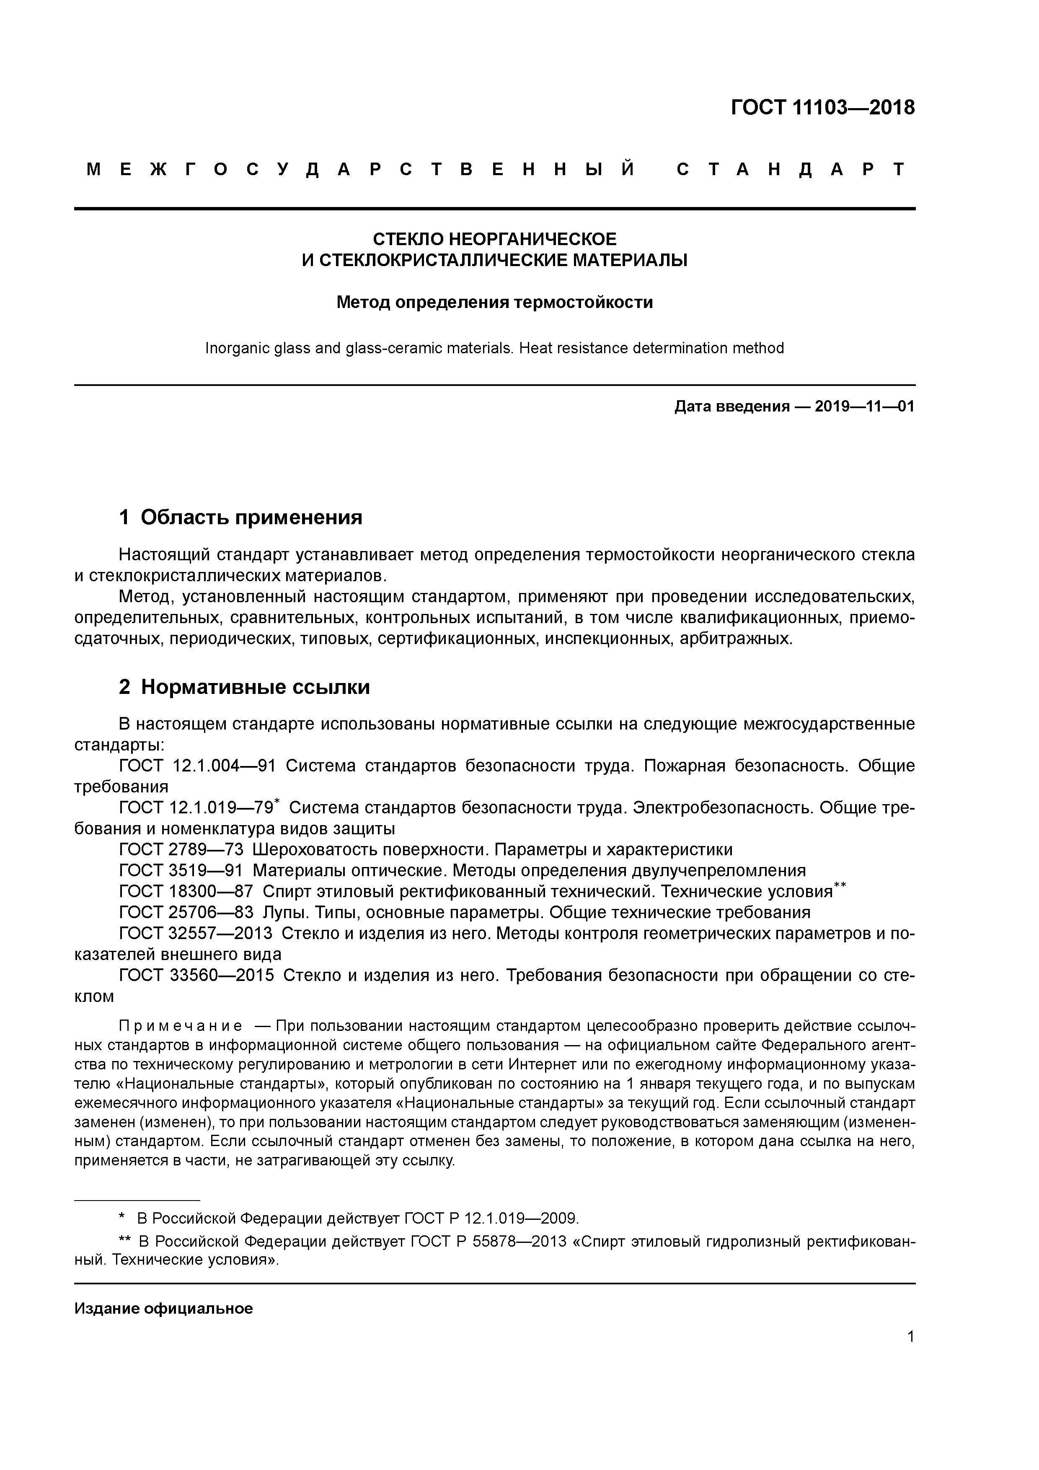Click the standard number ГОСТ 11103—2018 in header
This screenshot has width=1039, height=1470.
[823, 108]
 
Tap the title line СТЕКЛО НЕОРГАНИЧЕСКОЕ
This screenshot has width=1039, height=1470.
[494, 239]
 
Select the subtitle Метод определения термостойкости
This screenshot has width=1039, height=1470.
[494, 302]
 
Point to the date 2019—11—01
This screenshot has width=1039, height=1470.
[864, 406]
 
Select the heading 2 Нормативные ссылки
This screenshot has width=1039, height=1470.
[245, 687]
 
